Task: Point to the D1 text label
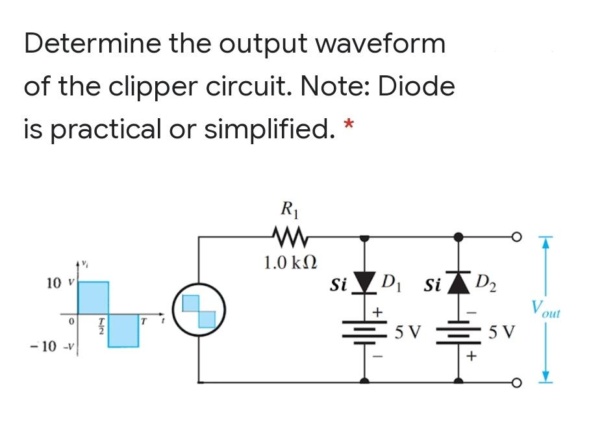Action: point(394,284)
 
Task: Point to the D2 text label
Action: point(488,284)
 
